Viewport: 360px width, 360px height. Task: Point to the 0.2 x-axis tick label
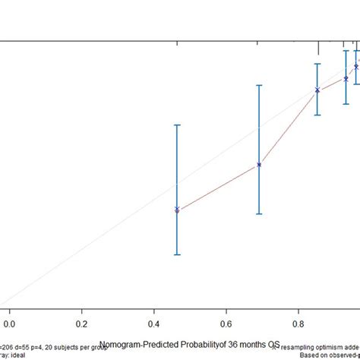pyautogui.click(x=82, y=311)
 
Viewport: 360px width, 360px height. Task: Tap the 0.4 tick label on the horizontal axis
pyautogui.click(x=154, y=311)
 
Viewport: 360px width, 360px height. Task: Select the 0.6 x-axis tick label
pyautogui.click(x=226, y=311)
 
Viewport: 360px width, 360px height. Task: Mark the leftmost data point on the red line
pyautogui.click(x=177, y=210)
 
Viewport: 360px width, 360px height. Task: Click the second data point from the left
pyautogui.click(x=259, y=164)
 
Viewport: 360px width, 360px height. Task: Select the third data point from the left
pyautogui.click(x=318, y=91)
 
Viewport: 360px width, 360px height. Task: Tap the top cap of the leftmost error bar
pyautogui.click(x=177, y=125)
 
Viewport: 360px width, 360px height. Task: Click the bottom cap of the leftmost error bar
pyautogui.click(x=177, y=254)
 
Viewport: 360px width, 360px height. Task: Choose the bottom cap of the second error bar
pyautogui.click(x=259, y=214)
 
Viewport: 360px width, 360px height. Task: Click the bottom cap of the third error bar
pyautogui.click(x=318, y=115)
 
